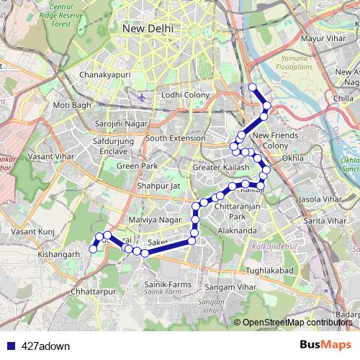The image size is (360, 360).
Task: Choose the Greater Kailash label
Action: [x=221, y=168]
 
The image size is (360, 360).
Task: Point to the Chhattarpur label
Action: [x=94, y=292]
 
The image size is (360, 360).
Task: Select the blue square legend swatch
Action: [x=9, y=346]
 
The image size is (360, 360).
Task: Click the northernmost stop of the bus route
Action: [x=253, y=88]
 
